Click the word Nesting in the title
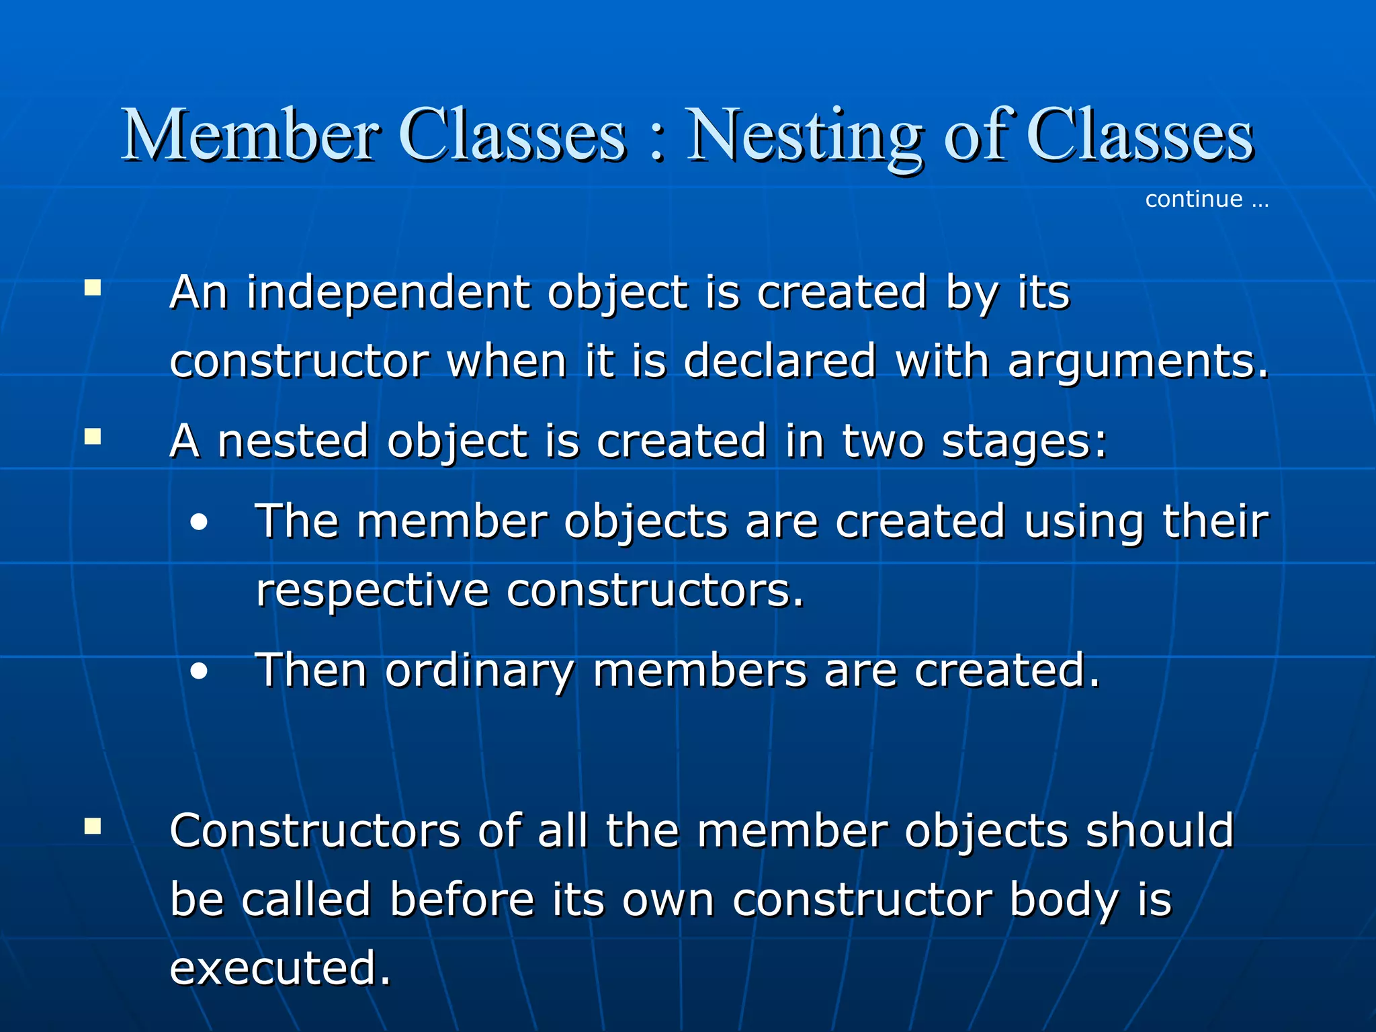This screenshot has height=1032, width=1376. tap(802, 137)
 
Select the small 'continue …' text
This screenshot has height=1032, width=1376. tap(1206, 200)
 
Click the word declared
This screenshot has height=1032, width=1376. tap(779, 361)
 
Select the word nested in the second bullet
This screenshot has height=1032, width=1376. tap(293, 441)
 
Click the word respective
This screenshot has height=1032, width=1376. tap(372, 591)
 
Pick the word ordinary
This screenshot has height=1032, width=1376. tap(480, 671)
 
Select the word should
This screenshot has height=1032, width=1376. tap(1160, 830)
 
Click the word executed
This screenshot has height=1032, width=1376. tap(279, 968)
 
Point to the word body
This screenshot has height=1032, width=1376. tap(1064, 900)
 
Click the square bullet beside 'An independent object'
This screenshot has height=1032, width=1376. tap(93, 288)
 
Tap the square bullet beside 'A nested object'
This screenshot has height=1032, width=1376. tap(93, 437)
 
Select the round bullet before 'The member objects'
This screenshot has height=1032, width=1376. tap(199, 523)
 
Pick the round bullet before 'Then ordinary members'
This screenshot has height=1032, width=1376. tap(199, 671)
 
